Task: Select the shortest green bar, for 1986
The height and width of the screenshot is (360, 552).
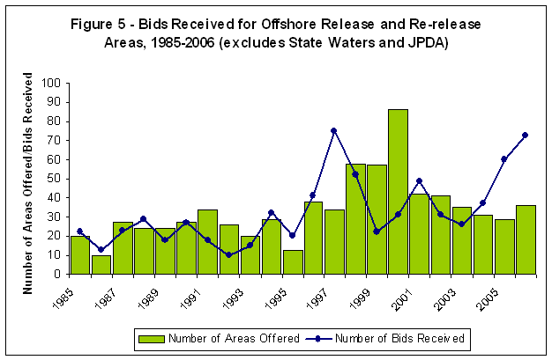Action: (x=101, y=264)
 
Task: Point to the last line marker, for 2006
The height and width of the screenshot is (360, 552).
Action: (x=526, y=135)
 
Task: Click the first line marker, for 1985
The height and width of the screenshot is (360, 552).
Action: (x=80, y=231)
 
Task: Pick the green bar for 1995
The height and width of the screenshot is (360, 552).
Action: (x=292, y=261)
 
